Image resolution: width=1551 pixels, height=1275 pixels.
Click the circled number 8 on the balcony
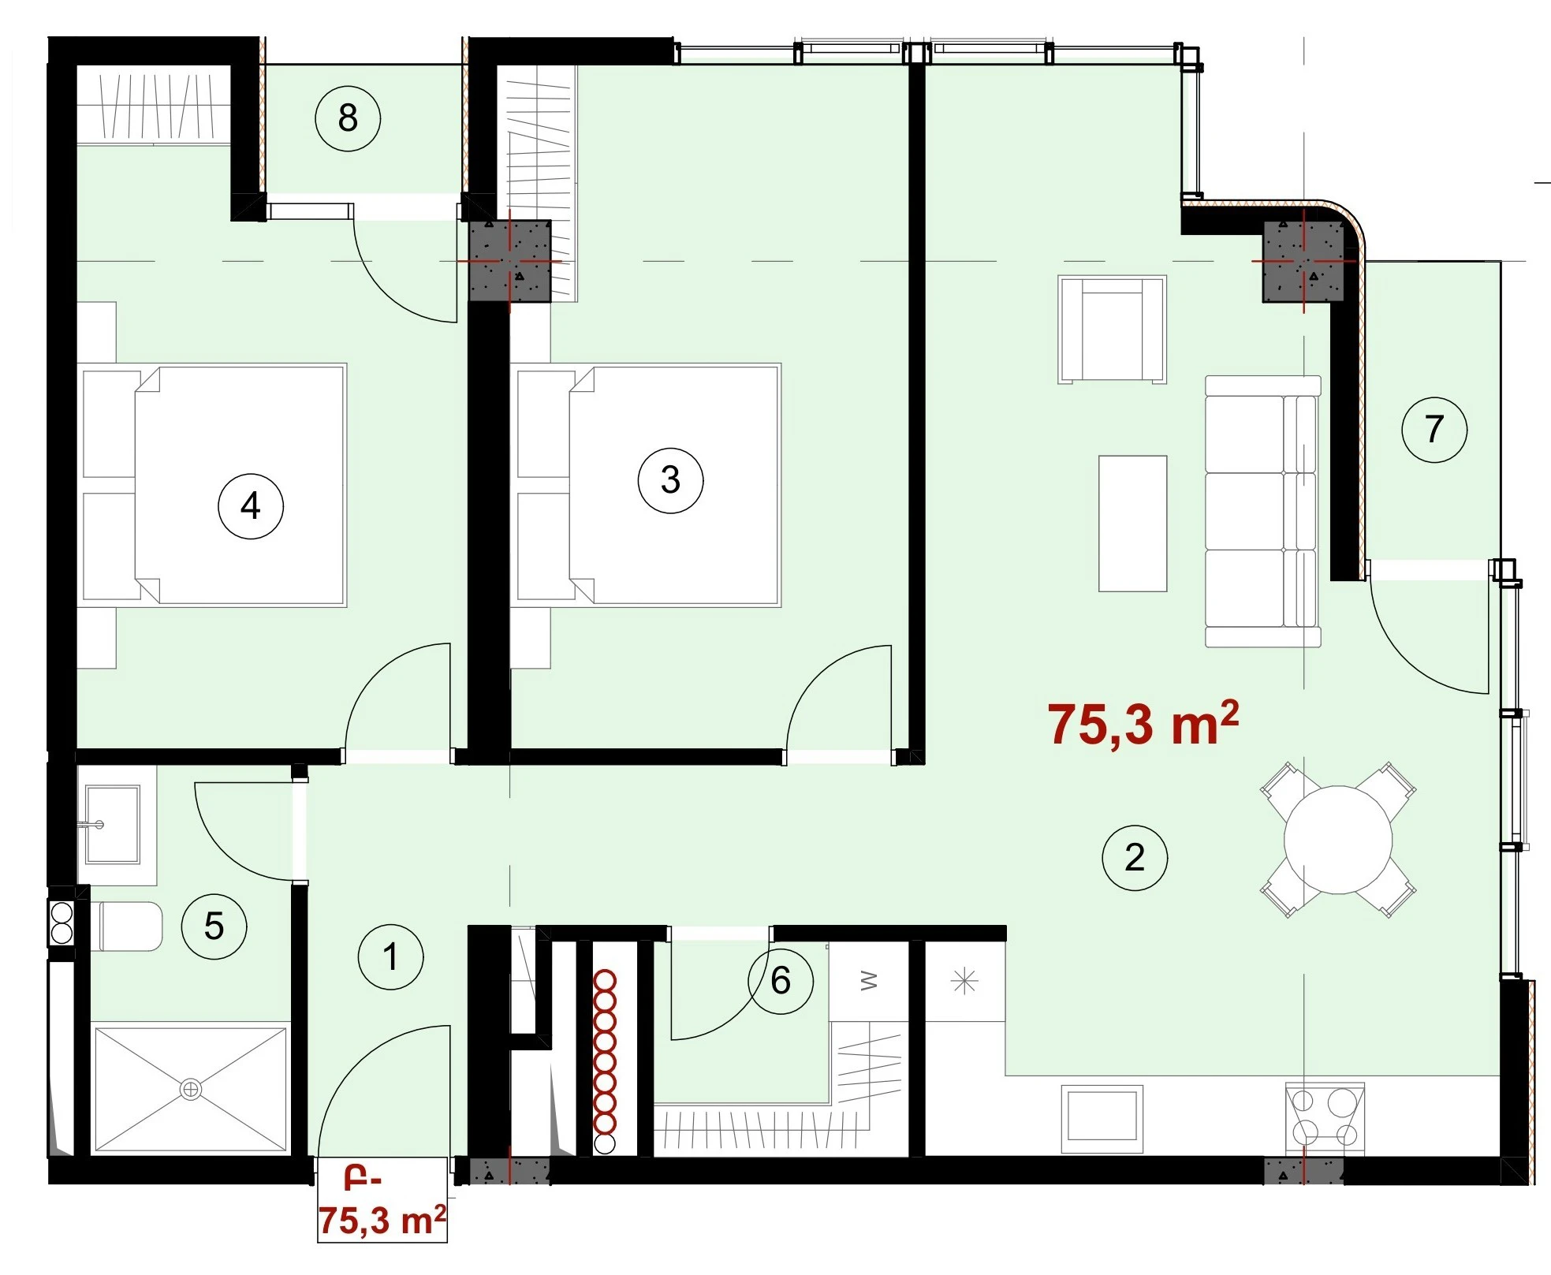[x=348, y=119]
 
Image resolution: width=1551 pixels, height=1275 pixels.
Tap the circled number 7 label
[x=1434, y=430]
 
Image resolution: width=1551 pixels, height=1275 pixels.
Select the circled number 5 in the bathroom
[x=214, y=926]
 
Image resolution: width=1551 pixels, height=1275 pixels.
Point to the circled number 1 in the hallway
[x=390, y=956]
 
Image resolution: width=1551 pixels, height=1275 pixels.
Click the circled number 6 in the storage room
[x=780, y=981]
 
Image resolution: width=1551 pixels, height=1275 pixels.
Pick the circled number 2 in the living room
[x=1134, y=858]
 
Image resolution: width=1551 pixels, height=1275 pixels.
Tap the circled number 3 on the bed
[x=670, y=480]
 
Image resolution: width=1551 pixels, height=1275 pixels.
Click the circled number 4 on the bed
[x=251, y=505]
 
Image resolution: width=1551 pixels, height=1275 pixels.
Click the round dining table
[x=1338, y=840]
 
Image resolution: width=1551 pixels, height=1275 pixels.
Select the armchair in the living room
[x=1112, y=330]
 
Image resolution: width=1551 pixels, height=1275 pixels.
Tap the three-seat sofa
[x=1263, y=511]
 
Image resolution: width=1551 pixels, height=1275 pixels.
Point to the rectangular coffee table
[x=1133, y=524]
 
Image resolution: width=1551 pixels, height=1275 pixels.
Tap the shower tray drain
[x=191, y=1089]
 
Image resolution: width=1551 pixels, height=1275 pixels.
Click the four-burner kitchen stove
[x=1325, y=1118]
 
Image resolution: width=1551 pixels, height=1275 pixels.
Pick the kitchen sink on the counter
[x=1102, y=1117]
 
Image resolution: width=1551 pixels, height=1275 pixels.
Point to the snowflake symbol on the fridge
[x=965, y=982]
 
